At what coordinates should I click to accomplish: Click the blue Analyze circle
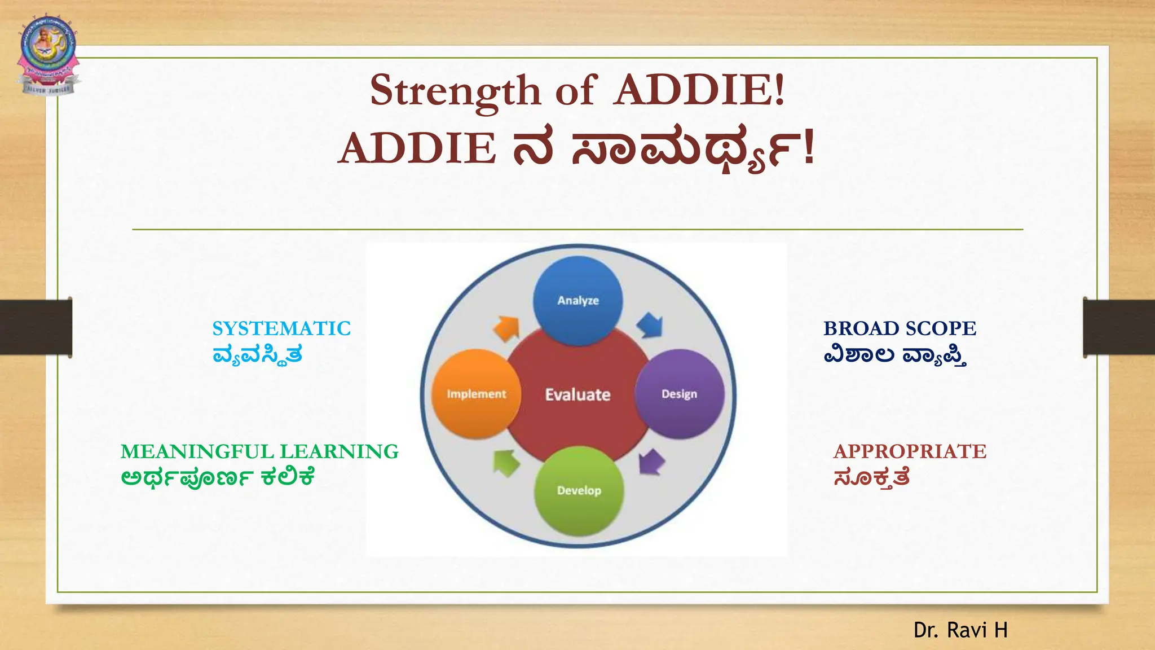[x=578, y=300]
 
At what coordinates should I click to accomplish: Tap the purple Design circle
[x=679, y=394]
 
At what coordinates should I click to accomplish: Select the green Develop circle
[x=579, y=490]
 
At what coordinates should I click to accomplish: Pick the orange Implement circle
[x=477, y=394]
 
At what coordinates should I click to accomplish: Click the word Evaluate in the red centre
[x=577, y=394]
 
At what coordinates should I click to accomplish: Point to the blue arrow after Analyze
[x=650, y=326]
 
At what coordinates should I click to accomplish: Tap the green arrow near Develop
[x=506, y=463]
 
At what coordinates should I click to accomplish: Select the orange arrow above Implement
[x=506, y=328]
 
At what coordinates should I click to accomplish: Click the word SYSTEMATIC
[x=281, y=328]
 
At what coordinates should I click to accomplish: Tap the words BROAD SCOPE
[x=900, y=328]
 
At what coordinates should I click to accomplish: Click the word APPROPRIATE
[x=910, y=451]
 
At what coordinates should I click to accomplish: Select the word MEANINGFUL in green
[x=197, y=451]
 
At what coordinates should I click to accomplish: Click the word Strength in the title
[x=455, y=90]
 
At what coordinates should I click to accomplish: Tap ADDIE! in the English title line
[x=699, y=90]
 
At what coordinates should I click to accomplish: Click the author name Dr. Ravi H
[x=960, y=630]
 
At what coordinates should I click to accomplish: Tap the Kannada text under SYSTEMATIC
[x=257, y=355]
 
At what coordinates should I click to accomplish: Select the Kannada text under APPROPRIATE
[x=871, y=478]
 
